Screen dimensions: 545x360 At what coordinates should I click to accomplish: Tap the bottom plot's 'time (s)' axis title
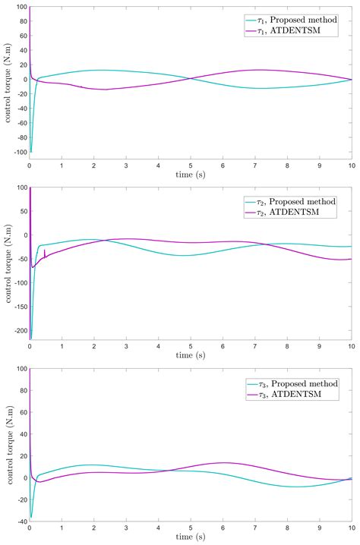tap(191, 540)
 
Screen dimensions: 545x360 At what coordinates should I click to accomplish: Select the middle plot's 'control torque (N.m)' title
tap(7, 263)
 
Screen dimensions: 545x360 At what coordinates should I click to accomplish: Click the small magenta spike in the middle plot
tap(45, 252)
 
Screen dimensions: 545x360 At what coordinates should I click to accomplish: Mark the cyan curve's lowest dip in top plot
tap(31, 151)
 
